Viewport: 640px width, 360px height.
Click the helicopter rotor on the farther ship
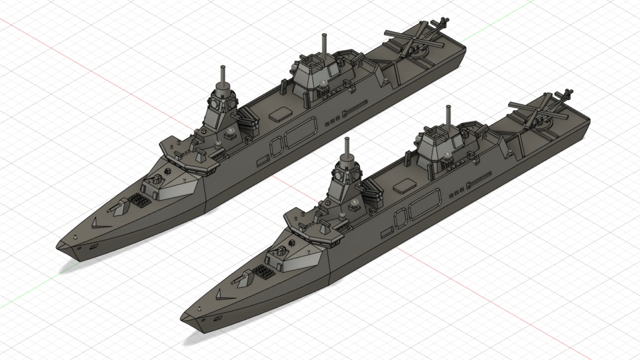[409, 44]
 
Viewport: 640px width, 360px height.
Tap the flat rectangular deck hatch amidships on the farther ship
[279, 114]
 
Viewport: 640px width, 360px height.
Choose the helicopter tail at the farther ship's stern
[443, 24]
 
